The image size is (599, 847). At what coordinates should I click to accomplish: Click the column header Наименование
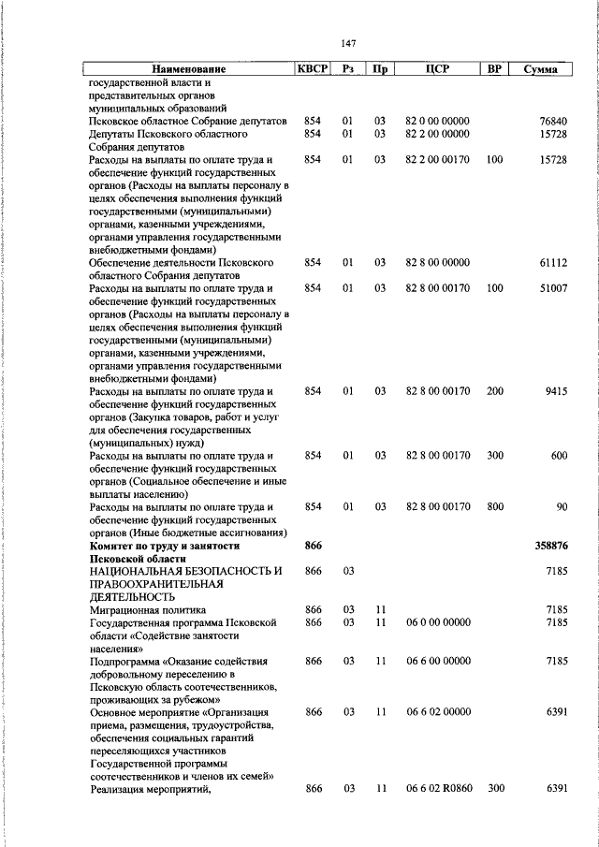point(189,69)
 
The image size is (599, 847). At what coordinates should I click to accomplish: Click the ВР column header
point(493,68)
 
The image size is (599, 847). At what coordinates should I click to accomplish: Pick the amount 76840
point(553,122)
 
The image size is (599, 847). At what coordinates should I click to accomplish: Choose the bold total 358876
point(550,545)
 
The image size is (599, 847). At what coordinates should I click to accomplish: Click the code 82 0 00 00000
point(438,122)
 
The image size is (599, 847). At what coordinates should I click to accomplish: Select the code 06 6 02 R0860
point(438,789)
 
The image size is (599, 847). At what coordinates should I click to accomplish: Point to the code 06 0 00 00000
point(438,622)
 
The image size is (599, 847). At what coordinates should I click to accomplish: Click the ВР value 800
point(494,506)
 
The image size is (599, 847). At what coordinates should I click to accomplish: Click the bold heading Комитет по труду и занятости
point(165,545)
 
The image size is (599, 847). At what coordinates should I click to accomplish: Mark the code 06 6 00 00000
point(438,661)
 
